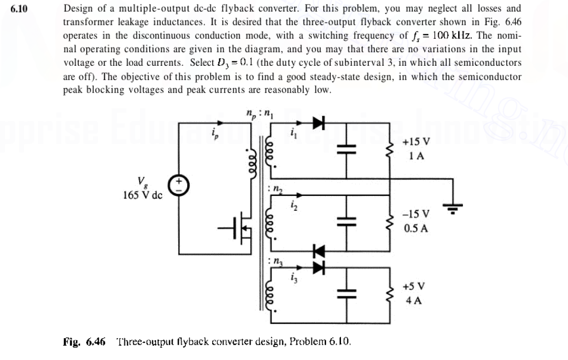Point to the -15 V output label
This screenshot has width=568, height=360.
pyautogui.click(x=416, y=215)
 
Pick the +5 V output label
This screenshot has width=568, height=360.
pyautogui.click(x=415, y=286)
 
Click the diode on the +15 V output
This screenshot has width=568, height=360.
pyautogui.click(x=319, y=123)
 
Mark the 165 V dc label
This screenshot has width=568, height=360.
pyautogui.click(x=142, y=195)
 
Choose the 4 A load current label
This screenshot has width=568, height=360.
pyautogui.click(x=415, y=300)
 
